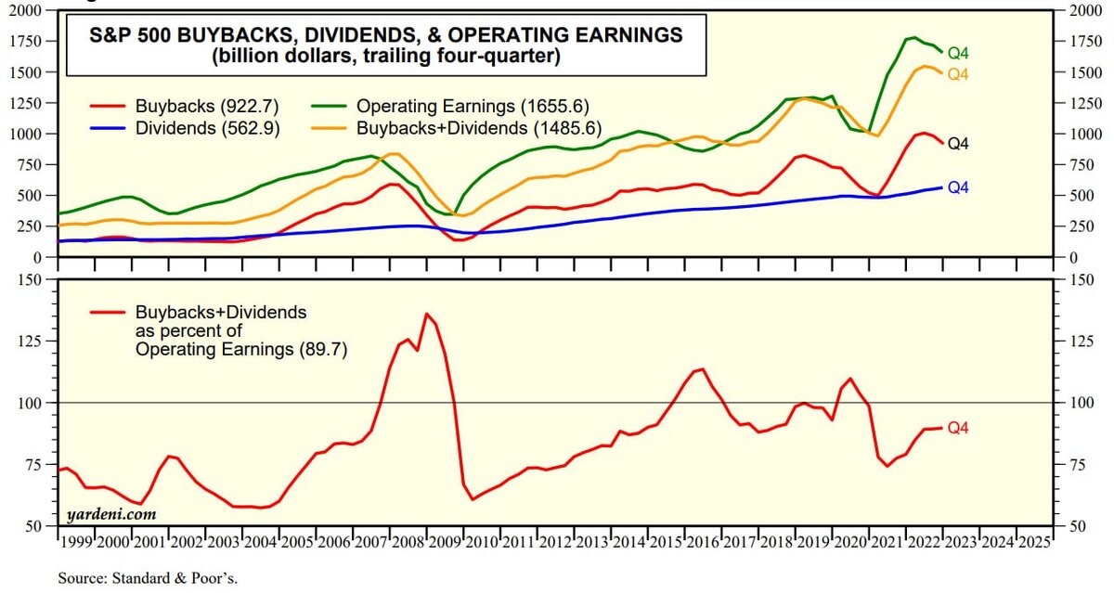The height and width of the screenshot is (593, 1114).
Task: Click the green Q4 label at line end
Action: coord(958,53)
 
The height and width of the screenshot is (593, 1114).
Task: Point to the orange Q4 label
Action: coord(958,74)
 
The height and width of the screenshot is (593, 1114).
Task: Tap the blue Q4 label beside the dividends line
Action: coord(958,187)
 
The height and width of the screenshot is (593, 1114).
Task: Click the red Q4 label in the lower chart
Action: coord(958,428)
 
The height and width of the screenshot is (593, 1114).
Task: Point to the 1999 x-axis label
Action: coord(74,540)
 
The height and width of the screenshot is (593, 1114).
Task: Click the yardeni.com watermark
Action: coord(111,513)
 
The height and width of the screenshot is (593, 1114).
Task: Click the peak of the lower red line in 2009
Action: coord(426,314)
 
